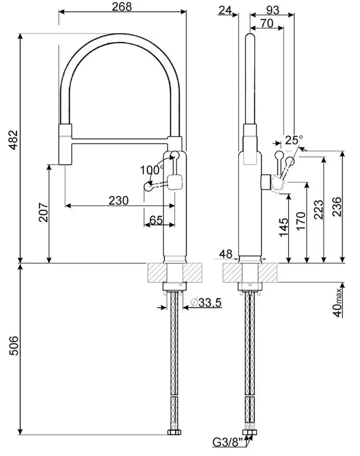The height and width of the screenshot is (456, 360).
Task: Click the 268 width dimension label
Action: coord(122,6)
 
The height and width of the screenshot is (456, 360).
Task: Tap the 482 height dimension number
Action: coord(13,140)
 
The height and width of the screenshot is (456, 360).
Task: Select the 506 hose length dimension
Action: coord(13,346)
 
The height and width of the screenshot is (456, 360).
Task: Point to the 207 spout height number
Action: coord(44,212)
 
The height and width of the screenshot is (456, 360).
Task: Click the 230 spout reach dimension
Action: coord(119,200)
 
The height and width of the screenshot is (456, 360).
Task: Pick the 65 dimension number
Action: coord(156,220)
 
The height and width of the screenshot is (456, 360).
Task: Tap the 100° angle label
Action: coord(152,170)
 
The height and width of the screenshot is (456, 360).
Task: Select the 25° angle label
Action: coord(294,140)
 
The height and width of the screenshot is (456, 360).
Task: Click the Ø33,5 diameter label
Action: coord(206,303)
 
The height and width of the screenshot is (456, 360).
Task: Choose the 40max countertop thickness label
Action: coord(337,303)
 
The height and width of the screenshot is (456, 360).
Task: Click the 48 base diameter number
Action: coord(226,254)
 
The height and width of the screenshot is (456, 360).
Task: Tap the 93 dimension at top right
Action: coord(273,10)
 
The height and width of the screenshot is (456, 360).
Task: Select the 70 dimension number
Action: coord(267,23)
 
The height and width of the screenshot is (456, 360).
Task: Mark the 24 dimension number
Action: coord(225,10)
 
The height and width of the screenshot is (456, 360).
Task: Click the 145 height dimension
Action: coord(284,227)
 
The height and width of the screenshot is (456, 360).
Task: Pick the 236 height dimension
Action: coord(336,207)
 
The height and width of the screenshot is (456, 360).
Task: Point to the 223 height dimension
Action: coord(319,210)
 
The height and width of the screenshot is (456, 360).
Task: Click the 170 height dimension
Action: coord(301,221)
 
